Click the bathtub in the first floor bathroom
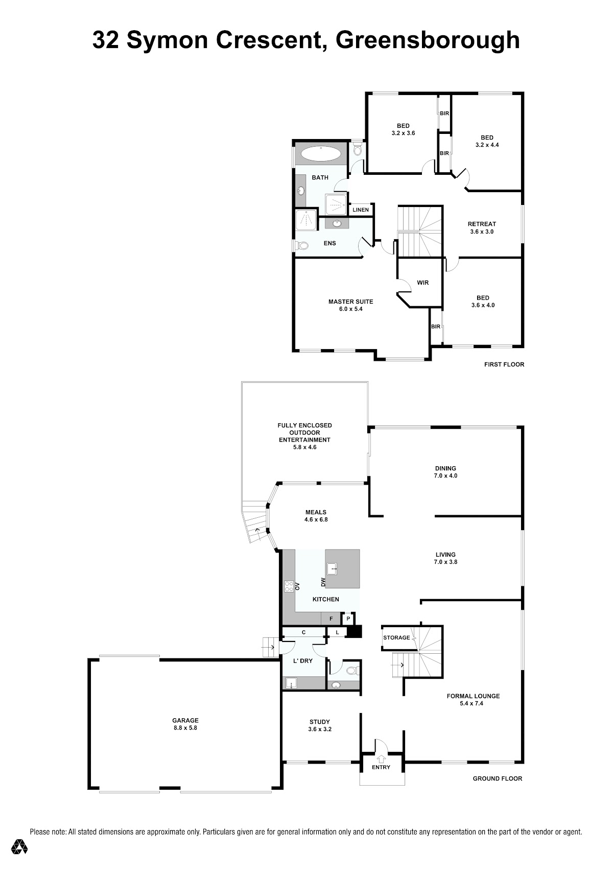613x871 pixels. pos(321,153)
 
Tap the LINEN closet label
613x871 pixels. pos(360,210)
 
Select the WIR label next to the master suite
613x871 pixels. pos(422,283)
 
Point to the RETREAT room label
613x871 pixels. pos(482,224)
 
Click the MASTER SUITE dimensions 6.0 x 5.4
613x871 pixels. pos(350,309)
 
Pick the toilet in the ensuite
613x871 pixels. pos(302,246)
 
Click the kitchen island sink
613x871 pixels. pos(332,568)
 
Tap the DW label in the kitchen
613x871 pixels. pos(323,582)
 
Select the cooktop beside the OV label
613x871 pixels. pos(289,586)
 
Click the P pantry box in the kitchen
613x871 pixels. pos(348,618)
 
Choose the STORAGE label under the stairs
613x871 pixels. pos(396,638)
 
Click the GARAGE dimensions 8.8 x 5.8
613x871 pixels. pos(185,728)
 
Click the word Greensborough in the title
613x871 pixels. pos(428,41)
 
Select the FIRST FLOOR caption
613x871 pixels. pos(504,364)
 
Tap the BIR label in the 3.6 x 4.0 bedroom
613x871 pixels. pos(436,327)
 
